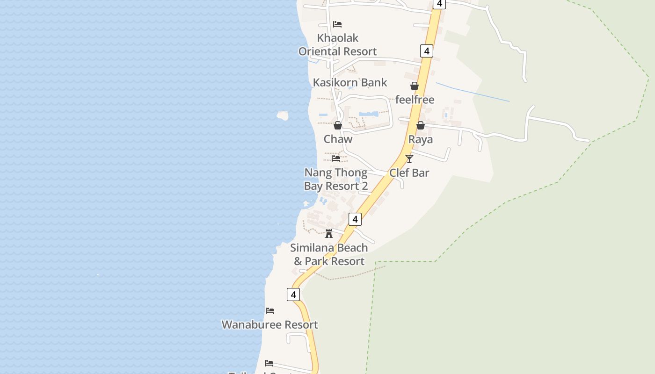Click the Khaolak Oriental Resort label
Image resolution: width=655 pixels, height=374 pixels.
[x=337, y=44]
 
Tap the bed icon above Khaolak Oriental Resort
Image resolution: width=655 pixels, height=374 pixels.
[x=337, y=24]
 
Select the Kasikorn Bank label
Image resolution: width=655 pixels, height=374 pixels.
[x=350, y=83]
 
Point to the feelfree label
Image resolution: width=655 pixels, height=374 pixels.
[x=415, y=100]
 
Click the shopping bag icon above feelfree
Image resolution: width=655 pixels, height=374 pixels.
[x=415, y=86]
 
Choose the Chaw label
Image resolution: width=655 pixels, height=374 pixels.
[x=338, y=139]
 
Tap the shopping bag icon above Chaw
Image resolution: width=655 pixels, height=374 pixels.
[x=338, y=125]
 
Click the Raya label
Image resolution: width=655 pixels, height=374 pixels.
[x=420, y=139]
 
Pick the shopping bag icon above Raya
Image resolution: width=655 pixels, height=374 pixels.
[x=420, y=125]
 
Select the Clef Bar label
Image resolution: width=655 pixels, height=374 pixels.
[x=409, y=173]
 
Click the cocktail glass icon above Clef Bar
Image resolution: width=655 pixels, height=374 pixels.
[x=409, y=159]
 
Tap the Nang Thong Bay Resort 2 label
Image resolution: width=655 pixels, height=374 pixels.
[x=336, y=180]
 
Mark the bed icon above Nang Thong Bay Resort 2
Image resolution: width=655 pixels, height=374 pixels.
[x=336, y=158]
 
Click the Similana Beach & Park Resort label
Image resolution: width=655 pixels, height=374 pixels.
[x=329, y=254]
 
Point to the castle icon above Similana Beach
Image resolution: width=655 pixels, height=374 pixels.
[x=329, y=233]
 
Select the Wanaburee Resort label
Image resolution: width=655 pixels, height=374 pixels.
[x=269, y=324]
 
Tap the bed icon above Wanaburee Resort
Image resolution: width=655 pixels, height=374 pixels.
[x=270, y=311]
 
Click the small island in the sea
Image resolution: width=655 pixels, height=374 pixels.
[x=283, y=115]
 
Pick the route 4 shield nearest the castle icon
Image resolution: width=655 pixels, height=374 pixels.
[x=355, y=219]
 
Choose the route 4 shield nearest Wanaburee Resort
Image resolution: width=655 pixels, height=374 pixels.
[x=293, y=295]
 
